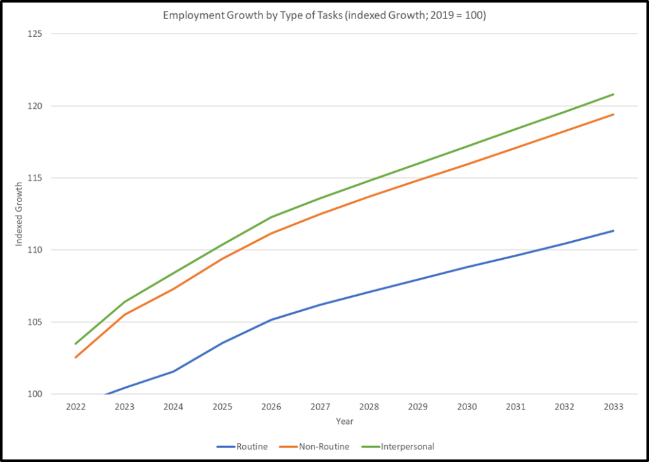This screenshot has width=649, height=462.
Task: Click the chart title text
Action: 324,15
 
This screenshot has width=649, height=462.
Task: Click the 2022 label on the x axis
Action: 75,407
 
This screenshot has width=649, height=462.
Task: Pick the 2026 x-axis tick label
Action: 271,407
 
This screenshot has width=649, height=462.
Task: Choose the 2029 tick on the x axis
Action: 418,407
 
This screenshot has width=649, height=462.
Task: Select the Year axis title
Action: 345,421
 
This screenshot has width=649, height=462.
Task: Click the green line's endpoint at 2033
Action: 614,94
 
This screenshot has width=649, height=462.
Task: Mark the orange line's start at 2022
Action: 75,357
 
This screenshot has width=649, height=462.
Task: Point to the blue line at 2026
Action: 271,319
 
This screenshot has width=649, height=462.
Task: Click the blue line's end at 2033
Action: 614,231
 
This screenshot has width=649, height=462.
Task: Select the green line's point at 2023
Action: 124,302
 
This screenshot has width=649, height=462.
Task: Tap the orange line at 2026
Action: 271,233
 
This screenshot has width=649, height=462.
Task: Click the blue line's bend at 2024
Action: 173,371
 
